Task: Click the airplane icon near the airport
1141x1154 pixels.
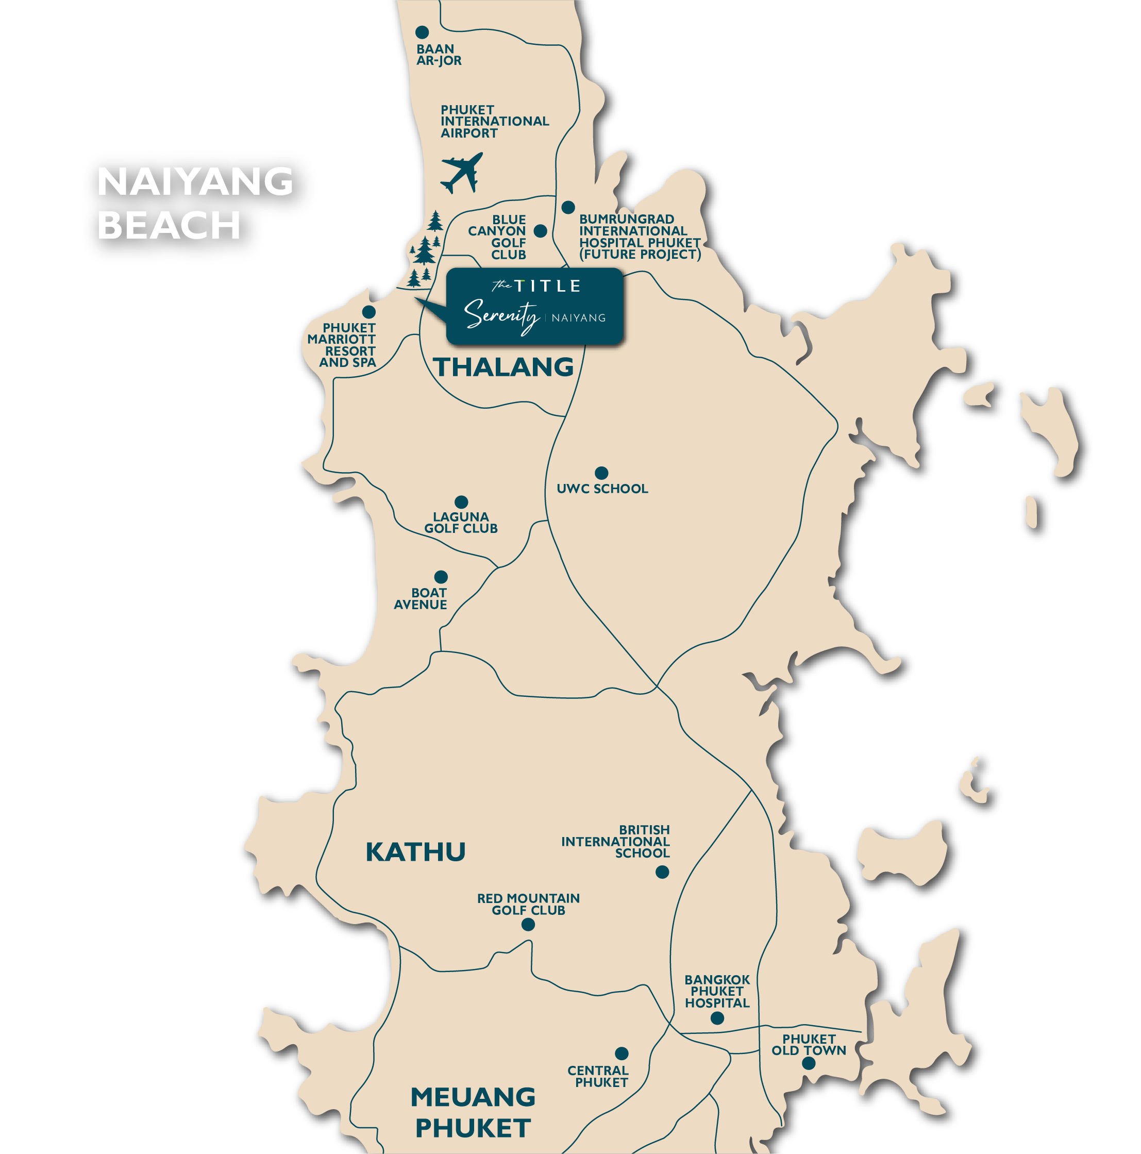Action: pyautogui.click(x=461, y=172)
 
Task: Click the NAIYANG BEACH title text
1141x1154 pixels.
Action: pyautogui.click(x=195, y=203)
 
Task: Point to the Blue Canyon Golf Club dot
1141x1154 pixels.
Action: pyautogui.click(x=540, y=231)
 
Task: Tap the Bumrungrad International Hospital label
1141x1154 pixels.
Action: pyautogui.click(x=639, y=237)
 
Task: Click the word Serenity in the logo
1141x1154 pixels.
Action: pyautogui.click(x=502, y=315)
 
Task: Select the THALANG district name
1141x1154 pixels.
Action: pyautogui.click(x=503, y=367)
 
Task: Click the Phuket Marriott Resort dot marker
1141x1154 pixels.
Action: pyautogui.click(x=368, y=312)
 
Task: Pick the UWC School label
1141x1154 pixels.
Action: pyautogui.click(x=602, y=489)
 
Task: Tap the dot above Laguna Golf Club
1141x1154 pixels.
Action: pyautogui.click(x=461, y=501)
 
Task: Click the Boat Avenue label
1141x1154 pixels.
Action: pyautogui.click(x=421, y=598)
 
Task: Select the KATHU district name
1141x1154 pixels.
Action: pyautogui.click(x=415, y=852)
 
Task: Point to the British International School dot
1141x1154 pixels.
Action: pyautogui.click(x=662, y=872)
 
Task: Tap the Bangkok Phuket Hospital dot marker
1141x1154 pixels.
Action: pyautogui.click(x=717, y=1018)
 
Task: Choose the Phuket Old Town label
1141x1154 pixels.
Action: pyautogui.click(x=809, y=1045)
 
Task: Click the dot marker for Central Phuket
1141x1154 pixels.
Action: pyautogui.click(x=622, y=1053)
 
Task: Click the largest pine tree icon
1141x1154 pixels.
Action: pyautogui.click(x=425, y=250)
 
